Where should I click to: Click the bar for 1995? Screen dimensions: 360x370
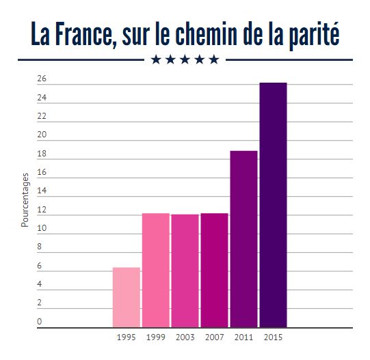click(x=127, y=297)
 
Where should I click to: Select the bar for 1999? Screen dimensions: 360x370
click(x=156, y=270)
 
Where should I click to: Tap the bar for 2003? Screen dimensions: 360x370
click(x=185, y=271)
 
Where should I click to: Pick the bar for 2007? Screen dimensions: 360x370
click(x=214, y=270)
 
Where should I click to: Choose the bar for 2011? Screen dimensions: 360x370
click(x=243, y=238)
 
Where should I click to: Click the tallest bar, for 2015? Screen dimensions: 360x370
click(x=273, y=204)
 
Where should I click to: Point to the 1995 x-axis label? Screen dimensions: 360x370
click(x=127, y=337)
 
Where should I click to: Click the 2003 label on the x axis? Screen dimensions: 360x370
click(x=185, y=337)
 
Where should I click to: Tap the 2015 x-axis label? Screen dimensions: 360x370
click(x=273, y=337)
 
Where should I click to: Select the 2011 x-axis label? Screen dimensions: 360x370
click(x=243, y=337)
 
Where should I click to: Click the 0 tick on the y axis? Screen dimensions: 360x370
click(x=40, y=321)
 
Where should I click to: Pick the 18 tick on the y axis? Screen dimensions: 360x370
click(x=42, y=154)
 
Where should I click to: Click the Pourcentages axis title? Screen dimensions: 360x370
click(x=25, y=200)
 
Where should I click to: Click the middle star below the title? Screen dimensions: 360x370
click(x=185, y=59)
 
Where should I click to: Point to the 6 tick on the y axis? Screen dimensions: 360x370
click(x=40, y=266)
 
